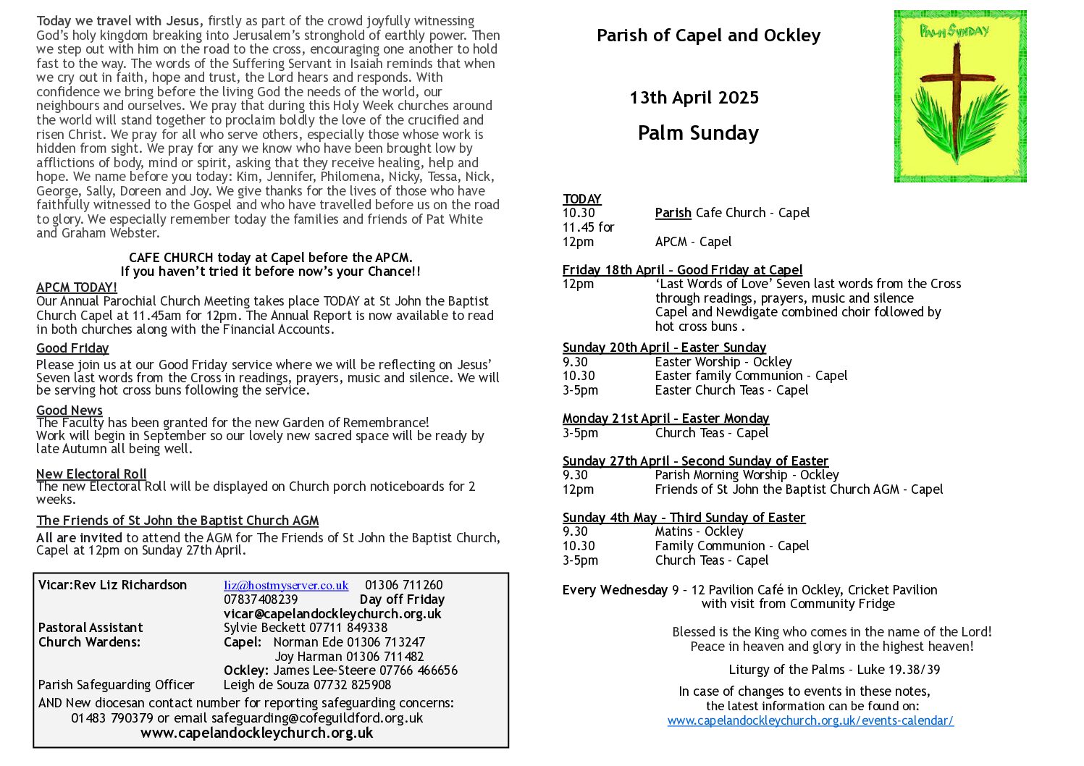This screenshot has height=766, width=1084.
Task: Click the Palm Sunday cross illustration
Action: pyautogui.click(x=959, y=96)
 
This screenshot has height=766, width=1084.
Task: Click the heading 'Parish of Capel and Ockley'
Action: pyautogui.click(x=708, y=35)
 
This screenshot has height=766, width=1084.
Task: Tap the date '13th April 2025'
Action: pyautogui.click(x=694, y=98)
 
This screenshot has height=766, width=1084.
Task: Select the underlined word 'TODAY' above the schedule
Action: pyautogui.click(x=582, y=199)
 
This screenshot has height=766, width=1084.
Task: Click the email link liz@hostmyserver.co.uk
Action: pyautogui.click(x=286, y=586)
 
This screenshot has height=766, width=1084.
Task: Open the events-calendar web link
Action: pyautogui.click(x=810, y=721)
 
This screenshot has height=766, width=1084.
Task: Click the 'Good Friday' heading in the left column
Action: pyautogui.click(x=72, y=348)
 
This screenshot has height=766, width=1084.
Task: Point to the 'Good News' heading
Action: pyautogui.click(x=70, y=411)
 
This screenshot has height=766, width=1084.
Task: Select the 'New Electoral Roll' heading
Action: pyautogui.click(x=91, y=474)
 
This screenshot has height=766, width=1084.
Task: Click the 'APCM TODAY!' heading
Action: pyautogui.click(x=76, y=287)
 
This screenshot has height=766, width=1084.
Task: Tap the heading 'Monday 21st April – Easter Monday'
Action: pyautogui.click(x=665, y=418)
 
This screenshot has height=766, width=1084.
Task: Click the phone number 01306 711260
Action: pyautogui.click(x=403, y=586)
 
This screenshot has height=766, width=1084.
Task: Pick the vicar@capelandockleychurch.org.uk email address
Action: pyautogui.click(x=332, y=614)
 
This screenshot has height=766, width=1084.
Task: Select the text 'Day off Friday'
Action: pyautogui.click(x=402, y=599)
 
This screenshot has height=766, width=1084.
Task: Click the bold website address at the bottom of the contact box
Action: pyautogui.click(x=257, y=733)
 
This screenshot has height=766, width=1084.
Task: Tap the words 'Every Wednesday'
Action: pyautogui.click(x=615, y=590)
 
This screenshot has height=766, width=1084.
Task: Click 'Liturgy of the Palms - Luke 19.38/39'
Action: pyautogui.click(x=834, y=670)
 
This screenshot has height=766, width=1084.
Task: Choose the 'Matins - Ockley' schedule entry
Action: pyautogui.click(x=699, y=531)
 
